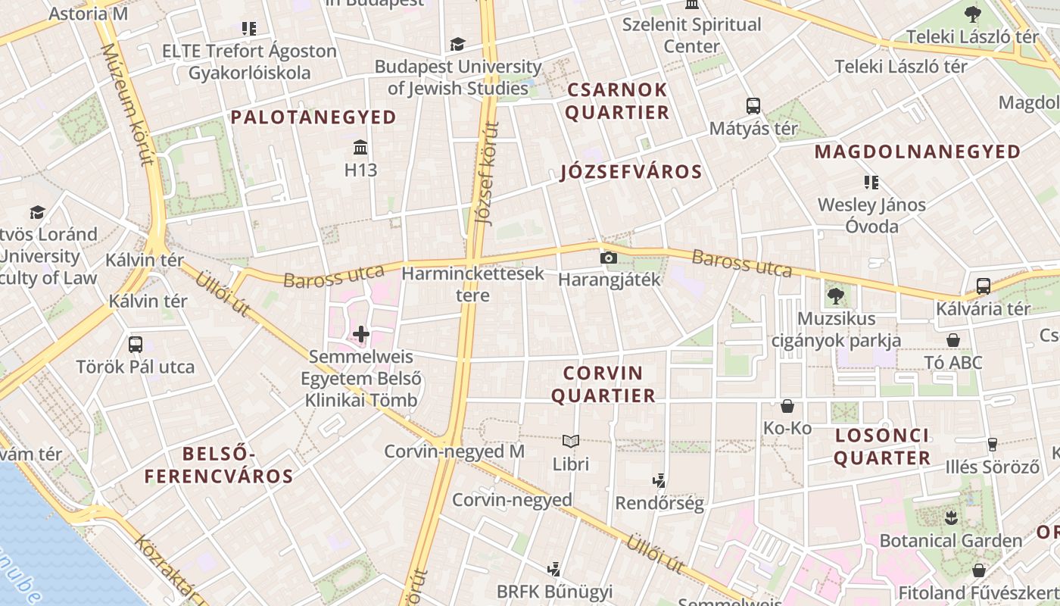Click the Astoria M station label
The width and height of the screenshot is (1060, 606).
point(89,14)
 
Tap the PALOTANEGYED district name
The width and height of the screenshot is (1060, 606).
point(313,117)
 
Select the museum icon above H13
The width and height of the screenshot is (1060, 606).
point(360,146)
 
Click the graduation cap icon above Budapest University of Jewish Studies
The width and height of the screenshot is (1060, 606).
point(457,44)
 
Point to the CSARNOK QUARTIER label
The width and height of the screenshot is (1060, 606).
point(617,102)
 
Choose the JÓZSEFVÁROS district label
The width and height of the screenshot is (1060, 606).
point(631,172)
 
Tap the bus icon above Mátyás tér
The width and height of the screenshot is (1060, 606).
point(753,106)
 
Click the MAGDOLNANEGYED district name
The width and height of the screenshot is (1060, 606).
point(918,152)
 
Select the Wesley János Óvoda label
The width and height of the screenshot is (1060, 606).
point(871,215)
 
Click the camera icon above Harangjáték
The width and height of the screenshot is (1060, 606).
point(608,258)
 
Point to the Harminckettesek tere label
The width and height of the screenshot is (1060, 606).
point(473,284)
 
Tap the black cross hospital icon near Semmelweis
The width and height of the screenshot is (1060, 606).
point(361,333)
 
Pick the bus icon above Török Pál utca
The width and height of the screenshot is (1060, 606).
point(136,345)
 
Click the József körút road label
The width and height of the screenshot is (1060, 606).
point(486,174)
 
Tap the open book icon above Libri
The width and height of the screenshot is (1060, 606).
point(570,441)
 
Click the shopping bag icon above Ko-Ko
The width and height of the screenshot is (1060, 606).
point(787,407)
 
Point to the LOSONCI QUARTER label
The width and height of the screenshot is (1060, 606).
point(882,447)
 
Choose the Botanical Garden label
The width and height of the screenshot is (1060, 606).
point(950,541)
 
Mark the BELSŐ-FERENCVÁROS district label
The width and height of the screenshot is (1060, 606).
point(219,465)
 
